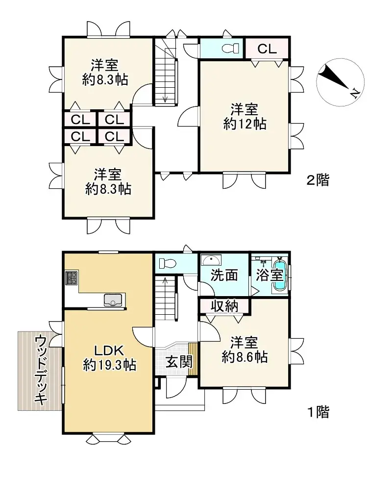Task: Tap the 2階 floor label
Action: pyautogui.click(x=318, y=180)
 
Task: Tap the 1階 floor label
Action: pyautogui.click(x=318, y=412)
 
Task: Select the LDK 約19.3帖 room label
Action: pyautogui.click(x=110, y=358)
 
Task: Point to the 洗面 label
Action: pyautogui.click(x=224, y=276)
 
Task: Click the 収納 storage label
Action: pyautogui.click(x=224, y=306)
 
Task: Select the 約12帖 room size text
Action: pyautogui.click(x=245, y=124)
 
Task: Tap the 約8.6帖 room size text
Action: pyautogui.click(x=245, y=357)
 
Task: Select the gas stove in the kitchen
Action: pyautogui.click(x=72, y=278)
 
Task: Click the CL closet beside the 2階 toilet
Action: pyautogui.click(x=267, y=49)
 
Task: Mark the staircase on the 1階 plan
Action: pyautogui.click(x=165, y=297)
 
